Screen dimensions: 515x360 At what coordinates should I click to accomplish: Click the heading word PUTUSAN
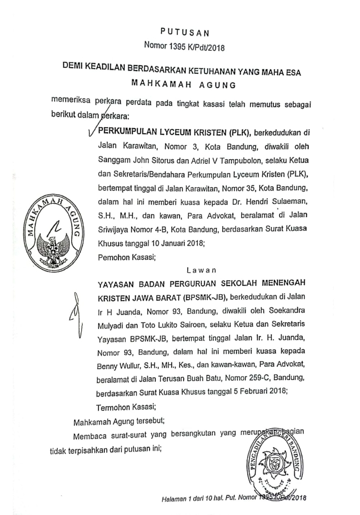coord(185,32)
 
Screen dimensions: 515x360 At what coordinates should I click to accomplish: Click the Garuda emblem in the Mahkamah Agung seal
coord(52,245)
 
